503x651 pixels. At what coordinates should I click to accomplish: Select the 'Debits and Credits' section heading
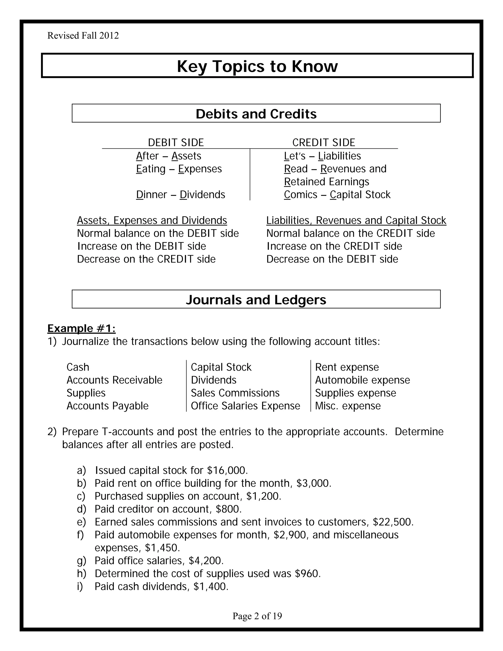(256, 114)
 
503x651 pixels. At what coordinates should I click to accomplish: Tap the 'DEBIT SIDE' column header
(176, 142)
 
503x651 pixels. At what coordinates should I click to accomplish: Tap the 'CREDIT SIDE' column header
(324, 142)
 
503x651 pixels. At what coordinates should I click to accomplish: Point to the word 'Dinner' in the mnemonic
(151, 195)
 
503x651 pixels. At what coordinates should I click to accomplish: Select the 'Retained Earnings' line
(326, 182)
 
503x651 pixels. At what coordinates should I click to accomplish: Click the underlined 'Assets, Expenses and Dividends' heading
(152, 220)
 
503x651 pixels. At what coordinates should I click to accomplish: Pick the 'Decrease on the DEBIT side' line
(332, 259)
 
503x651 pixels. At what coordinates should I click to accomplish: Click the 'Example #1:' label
(81, 328)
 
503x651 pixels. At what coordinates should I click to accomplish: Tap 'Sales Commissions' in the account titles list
(235, 393)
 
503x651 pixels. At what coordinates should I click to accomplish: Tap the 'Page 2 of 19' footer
(257, 616)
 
